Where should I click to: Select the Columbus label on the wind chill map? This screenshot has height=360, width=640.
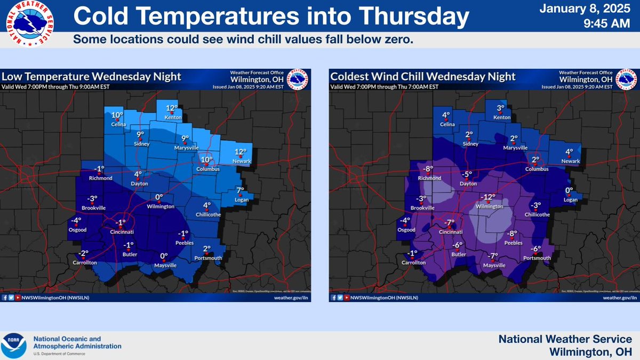(x=536, y=169)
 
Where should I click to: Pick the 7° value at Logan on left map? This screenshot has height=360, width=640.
(x=240, y=190)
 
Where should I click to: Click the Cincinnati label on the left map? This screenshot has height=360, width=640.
(x=121, y=232)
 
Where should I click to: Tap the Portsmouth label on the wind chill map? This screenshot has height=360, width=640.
(x=537, y=258)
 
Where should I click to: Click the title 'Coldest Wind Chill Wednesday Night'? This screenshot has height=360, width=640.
(x=423, y=77)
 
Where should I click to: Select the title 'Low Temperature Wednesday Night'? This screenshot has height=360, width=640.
(x=91, y=77)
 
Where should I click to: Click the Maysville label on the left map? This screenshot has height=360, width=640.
(x=164, y=265)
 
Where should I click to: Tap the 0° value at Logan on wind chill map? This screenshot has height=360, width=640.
(x=569, y=190)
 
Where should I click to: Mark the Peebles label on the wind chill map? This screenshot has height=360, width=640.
(x=513, y=243)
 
